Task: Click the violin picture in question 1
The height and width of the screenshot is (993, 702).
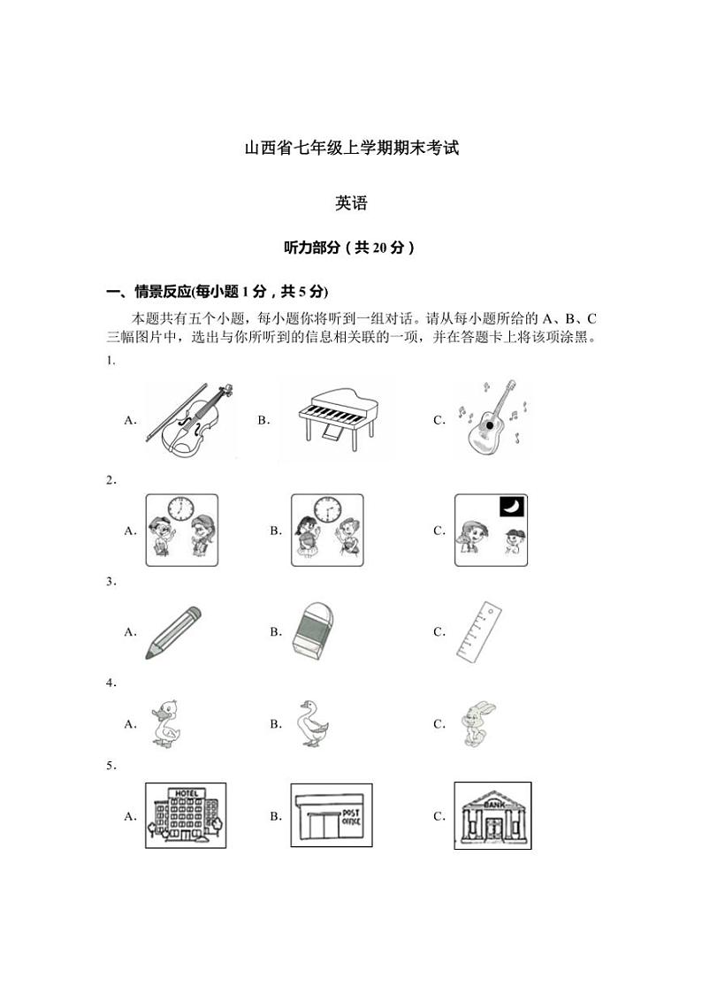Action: click(190, 420)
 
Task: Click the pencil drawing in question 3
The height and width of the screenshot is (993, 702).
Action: click(173, 632)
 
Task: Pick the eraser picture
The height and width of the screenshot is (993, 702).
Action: click(314, 632)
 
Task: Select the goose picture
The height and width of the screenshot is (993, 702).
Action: click(313, 724)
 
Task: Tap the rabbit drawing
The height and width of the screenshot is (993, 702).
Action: click(478, 724)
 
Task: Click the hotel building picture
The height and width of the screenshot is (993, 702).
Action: click(185, 815)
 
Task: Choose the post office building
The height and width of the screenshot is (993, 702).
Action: click(327, 815)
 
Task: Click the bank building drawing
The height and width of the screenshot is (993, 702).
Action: click(492, 815)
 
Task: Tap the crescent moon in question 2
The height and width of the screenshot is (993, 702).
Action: click(511, 506)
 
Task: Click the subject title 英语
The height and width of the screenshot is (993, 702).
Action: click(351, 203)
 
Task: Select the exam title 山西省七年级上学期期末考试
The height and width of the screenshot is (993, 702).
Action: click(351, 148)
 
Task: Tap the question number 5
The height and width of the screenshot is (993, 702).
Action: click(111, 766)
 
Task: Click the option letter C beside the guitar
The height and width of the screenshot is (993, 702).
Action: click(439, 421)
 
